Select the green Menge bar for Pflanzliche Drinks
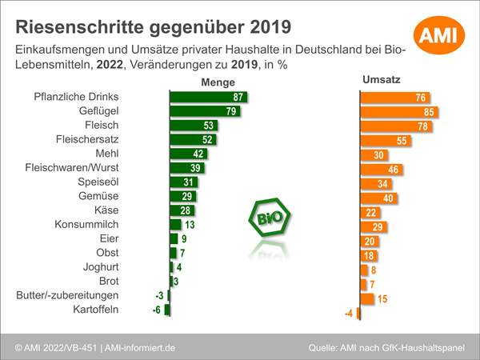point(208,97)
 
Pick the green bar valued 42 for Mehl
point(189,154)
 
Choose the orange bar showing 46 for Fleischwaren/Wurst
point(381,169)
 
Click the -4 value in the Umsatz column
point(349,313)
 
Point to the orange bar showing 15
point(368,298)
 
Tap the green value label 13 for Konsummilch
point(190,226)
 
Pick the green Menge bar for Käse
point(182,211)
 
